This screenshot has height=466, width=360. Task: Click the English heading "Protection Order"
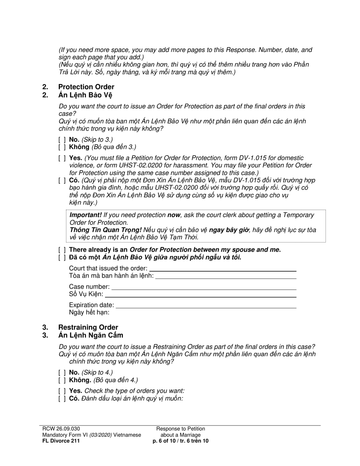pyautogui.click(x=86, y=87)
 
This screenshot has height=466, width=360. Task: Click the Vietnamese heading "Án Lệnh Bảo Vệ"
pyautogui.click(x=85, y=95)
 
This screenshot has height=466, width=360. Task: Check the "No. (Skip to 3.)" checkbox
pyautogui.click(x=62, y=139)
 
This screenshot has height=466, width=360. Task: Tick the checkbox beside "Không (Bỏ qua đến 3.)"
pyautogui.click(x=62, y=147)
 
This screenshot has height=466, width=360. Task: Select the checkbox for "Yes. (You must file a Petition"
pyautogui.click(x=62, y=158)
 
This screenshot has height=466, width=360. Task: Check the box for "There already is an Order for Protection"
pyautogui.click(x=62, y=250)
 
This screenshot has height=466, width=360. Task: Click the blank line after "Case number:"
pyautogui.click(x=203, y=287)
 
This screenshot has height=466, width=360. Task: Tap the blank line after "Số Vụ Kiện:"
pyautogui.click(x=200, y=294)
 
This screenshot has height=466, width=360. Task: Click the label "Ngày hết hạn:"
pyautogui.click(x=89, y=313)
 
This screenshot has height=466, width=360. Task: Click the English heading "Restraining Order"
pyautogui.click(x=88, y=327)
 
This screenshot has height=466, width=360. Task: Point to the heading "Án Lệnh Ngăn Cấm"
pyautogui.click(x=91, y=335)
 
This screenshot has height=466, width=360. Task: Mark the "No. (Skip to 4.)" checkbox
pyautogui.click(x=62, y=372)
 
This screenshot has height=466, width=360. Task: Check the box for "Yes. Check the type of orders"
pyautogui.click(x=62, y=391)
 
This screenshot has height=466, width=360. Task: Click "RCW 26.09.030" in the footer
pyautogui.click(x=61, y=428)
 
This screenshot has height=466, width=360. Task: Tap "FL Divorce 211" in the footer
pyautogui.click(x=61, y=441)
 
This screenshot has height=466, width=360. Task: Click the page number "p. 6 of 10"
pyautogui.click(x=166, y=441)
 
